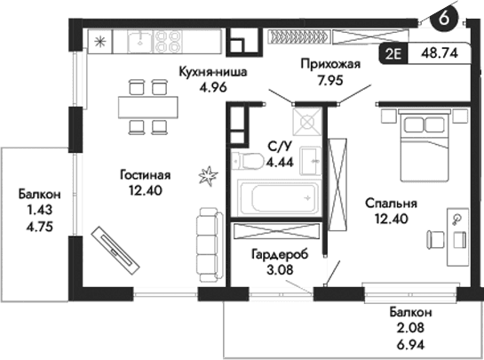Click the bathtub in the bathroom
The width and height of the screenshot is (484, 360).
click(278, 196)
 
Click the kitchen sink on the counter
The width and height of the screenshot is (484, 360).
click(139, 40)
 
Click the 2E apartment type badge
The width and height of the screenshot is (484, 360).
click(393, 52)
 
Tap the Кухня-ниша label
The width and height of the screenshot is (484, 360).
click(212, 72)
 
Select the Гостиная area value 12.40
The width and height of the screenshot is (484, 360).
click(144, 189)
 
